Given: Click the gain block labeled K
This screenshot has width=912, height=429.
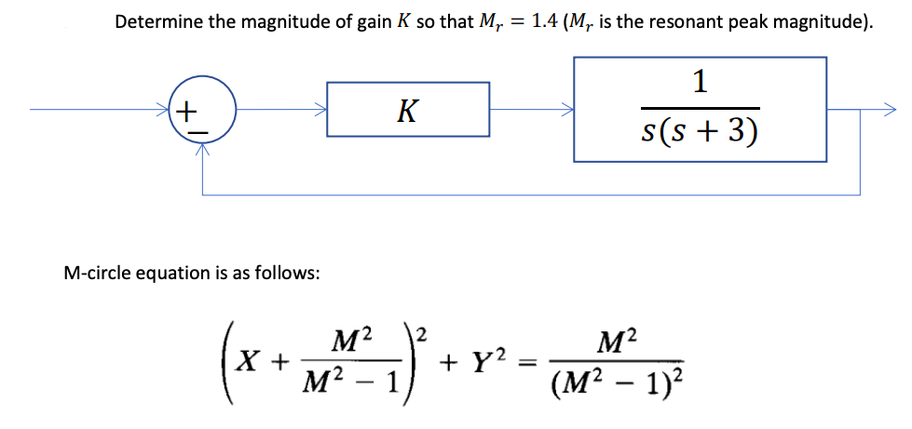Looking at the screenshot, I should click(x=408, y=111).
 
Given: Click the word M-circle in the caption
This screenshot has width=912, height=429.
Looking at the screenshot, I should click(x=94, y=274).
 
